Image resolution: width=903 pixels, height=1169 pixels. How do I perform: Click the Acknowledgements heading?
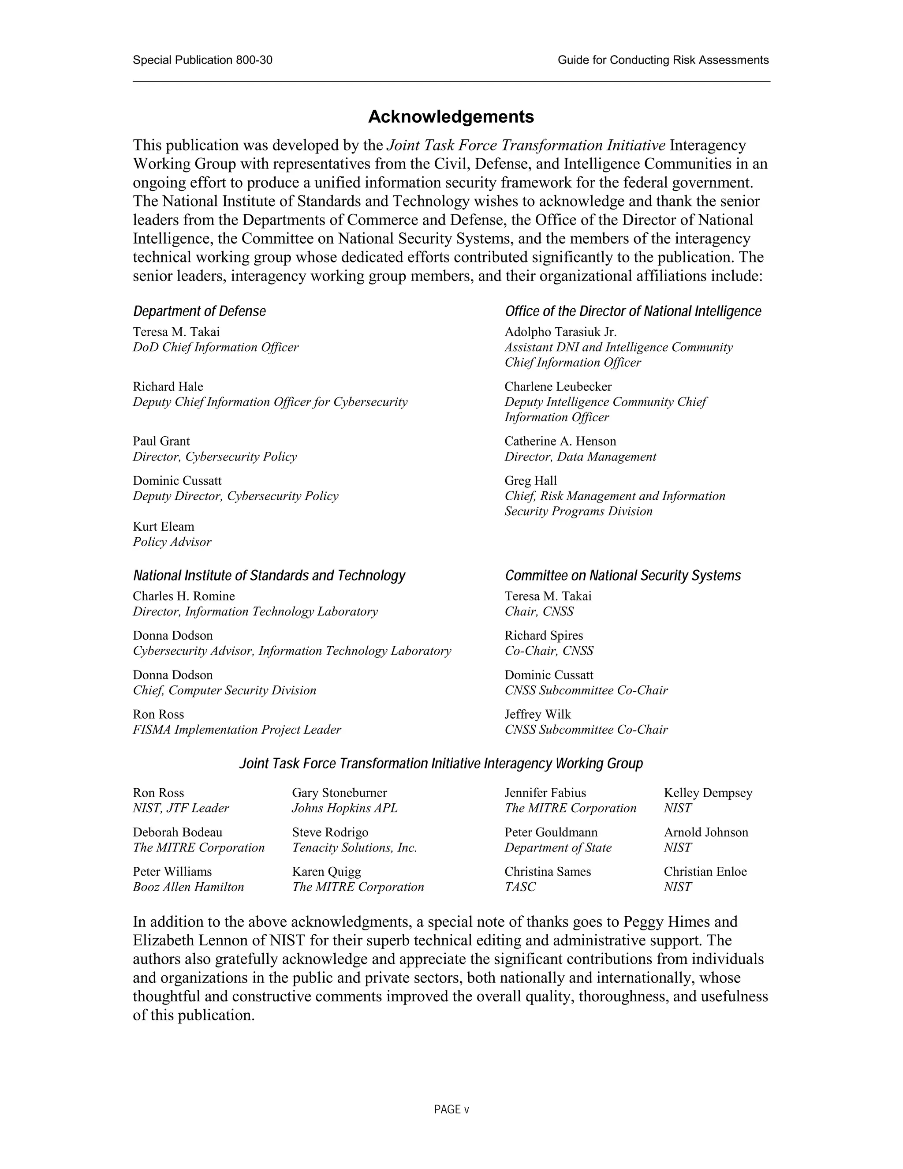click(451, 117)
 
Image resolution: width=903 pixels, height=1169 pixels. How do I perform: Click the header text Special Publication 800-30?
click(202, 60)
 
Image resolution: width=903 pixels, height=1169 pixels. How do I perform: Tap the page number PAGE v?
click(451, 1109)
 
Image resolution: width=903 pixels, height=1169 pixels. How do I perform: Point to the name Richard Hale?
click(168, 386)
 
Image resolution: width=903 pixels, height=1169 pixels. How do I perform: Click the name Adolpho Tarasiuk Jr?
click(560, 332)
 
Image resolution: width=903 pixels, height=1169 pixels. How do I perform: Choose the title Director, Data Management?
click(580, 457)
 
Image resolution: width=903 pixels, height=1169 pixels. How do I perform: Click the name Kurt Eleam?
click(163, 526)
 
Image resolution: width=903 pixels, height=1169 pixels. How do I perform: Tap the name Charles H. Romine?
click(183, 596)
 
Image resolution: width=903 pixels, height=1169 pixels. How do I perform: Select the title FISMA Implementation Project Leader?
click(236, 730)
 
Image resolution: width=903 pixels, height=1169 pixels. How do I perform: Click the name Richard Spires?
click(544, 635)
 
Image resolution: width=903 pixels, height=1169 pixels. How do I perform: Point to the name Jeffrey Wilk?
click(537, 714)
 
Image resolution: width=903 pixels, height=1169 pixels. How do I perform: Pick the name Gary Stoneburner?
click(339, 793)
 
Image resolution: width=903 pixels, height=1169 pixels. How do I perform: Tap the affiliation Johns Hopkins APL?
click(344, 808)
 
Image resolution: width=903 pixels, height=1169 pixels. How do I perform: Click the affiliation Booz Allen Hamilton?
click(188, 887)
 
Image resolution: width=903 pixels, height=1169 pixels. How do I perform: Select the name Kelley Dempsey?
click(708, 793)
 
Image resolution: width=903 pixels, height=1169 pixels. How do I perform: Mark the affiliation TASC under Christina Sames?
click(519, 887)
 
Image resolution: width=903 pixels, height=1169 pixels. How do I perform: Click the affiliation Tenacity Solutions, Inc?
click(354, 848)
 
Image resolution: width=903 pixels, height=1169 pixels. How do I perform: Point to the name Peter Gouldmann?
click(550, 832)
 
